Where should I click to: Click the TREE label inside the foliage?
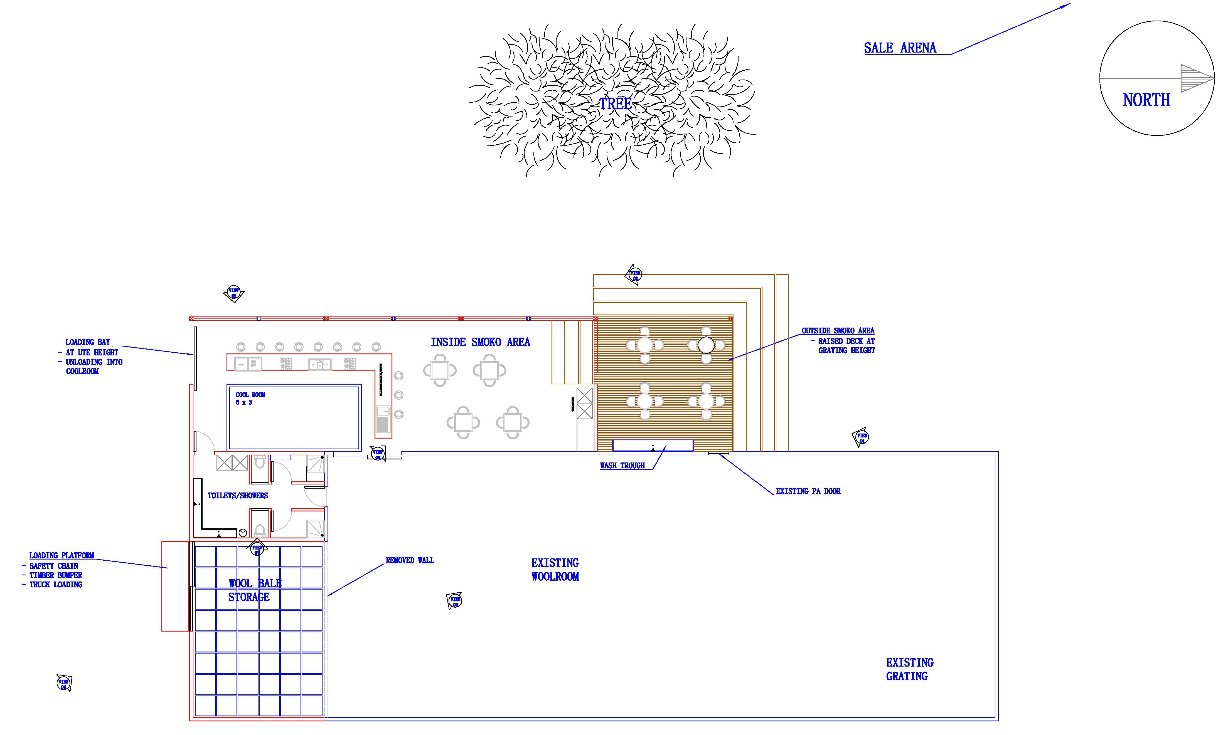tap(616, 104)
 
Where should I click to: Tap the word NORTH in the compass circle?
tap(1146, 100)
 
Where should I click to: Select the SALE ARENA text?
tap(900, 48)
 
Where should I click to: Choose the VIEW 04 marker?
tap(63, 684)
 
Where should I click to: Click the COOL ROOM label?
tap(250, 395)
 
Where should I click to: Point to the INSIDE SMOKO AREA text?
tap(480, 342)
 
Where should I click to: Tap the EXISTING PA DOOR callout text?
tap(808, 491)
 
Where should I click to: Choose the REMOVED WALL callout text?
tap(410, 560)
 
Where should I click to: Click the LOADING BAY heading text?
tap(88, 342)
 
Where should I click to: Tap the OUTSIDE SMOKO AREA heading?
tap(838, 330)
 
